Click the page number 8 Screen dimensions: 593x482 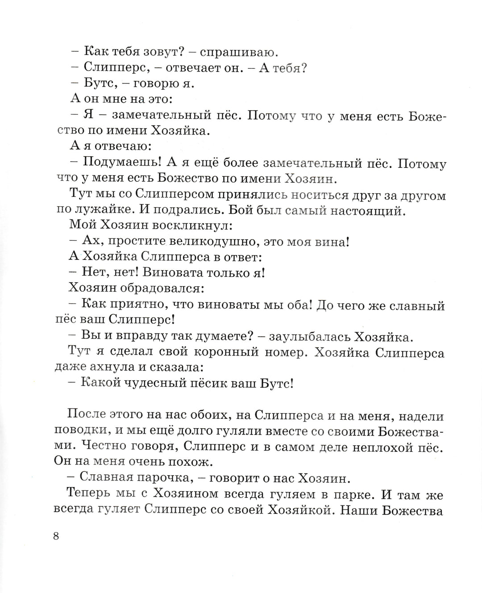click(56, 537)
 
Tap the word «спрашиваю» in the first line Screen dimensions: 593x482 click(239, 52)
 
